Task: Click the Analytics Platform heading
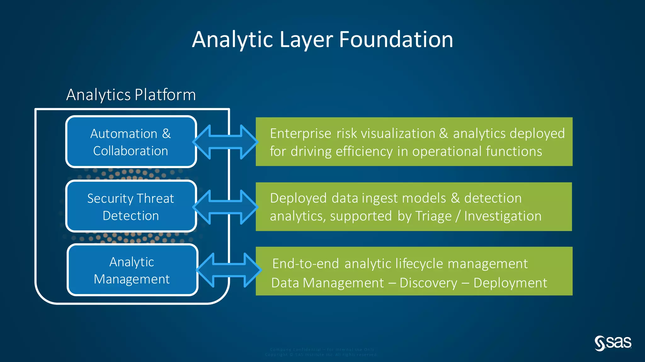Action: pos(131,95)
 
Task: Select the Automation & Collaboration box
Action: pos(131,142)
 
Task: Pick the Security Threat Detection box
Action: pos(131,207)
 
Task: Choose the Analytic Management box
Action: pos(132,270)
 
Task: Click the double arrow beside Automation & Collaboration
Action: pos(225,142)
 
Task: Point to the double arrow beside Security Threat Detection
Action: pos(225,207)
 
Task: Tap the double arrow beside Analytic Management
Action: pos(229,270)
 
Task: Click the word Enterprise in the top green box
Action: pos(300,134)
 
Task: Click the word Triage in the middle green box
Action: pos(433,216)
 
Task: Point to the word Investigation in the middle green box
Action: pos(503,216)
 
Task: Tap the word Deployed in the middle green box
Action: pos(298,198)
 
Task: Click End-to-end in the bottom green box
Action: pos(305,264)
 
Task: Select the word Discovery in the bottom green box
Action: pos(428,283)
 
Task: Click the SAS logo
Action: pos(613,343)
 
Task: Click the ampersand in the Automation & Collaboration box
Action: pos(166,134)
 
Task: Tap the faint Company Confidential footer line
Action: pos(322,349)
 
